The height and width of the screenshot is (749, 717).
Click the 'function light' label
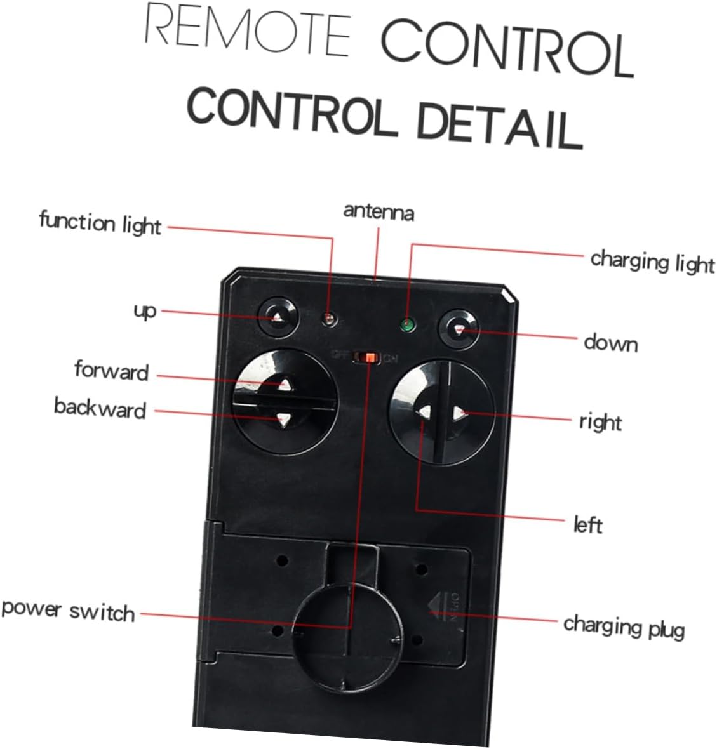pos(100,224)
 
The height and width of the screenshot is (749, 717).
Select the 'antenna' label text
pos(379,211)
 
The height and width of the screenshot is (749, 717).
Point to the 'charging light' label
pos(652,261)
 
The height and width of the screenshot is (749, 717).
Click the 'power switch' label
pos(68,610)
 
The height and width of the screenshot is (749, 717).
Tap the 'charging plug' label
pos(624,626)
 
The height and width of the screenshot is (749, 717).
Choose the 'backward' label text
pos(100,408)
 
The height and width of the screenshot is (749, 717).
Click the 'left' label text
pos(587,525)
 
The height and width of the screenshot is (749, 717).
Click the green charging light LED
pos(406,327)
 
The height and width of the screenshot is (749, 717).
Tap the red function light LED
pos(329,319)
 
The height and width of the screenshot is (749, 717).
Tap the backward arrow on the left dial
pos(283,419)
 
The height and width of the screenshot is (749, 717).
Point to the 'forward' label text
pos(111,370)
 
